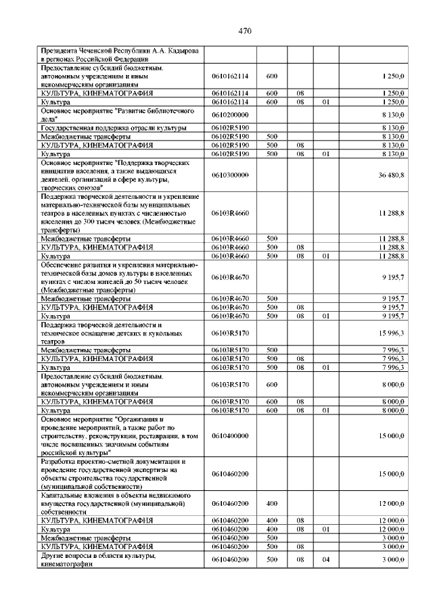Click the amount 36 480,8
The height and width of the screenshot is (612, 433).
pyautogui.click(x=392, y=174)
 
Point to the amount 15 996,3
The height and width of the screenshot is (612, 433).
pyautogui.click(x=392, y=333)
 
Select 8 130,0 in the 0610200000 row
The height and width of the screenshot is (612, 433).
pyautogui.click(x=392, y=114)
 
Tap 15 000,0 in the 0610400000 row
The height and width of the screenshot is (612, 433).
pyautogui.click(x=392, y=436)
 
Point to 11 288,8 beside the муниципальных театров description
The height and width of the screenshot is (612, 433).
pyautogui.click(x=392, y=213)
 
